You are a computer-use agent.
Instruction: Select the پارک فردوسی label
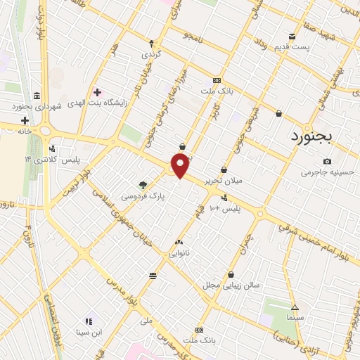pyautogui.click(x=143, y=197)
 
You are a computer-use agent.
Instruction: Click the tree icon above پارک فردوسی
pyautogui.click(x=143, y=185)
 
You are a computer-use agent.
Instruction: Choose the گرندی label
pyautogui.click(x=152, y=53)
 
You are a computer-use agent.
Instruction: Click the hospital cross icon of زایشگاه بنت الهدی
pyautogui.click(x=97, y=92)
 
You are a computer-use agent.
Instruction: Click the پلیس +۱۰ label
pyautogui.click(x=226, y=209)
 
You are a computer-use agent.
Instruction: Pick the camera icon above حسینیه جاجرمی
pyautogui.click(x=327, y=161)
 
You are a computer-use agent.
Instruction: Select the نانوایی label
pyautogui.click(x=177, y=252)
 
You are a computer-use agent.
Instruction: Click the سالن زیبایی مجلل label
pyautogui.click(x=231, y=285)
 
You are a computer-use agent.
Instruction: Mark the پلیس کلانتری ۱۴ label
pyautogui.click(x=52, y=160)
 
